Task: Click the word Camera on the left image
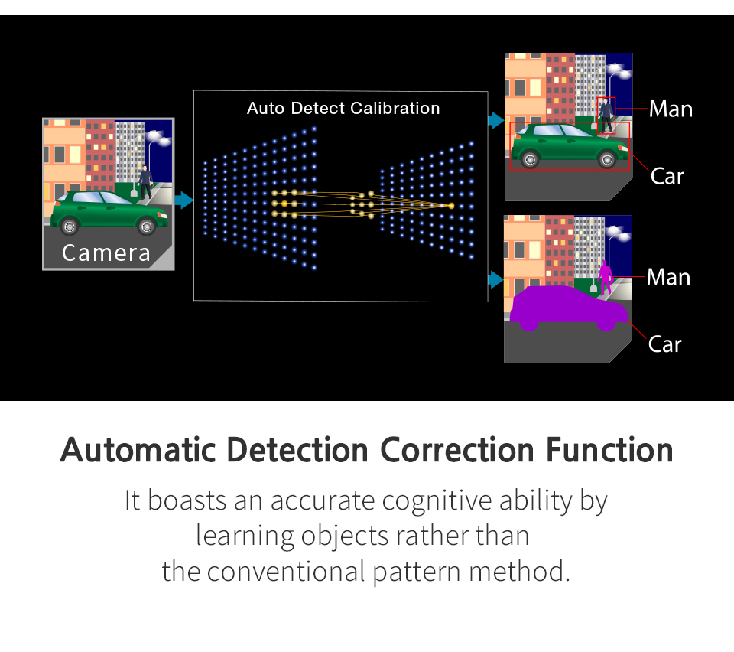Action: coord(106,253)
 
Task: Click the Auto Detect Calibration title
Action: coord(343,108)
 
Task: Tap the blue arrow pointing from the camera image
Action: coord(183,200)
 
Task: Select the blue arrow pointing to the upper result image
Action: coord(495,120)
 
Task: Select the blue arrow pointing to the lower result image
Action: coord(495,279)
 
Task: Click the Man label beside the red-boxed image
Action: coord(671,109)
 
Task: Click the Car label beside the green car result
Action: coord(667,177)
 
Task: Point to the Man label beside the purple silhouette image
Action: coord(668,277)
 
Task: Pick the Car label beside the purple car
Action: coord(664,344)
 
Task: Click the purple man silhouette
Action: coord(606,277)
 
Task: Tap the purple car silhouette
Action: coord(568,308)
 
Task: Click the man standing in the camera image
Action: coord(145,182)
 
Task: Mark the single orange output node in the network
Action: coord(451,206)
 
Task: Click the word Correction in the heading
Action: coord(457,451)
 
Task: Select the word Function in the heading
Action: coord(609,451)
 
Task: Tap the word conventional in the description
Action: coord(285,572)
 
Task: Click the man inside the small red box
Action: coord(606,116)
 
